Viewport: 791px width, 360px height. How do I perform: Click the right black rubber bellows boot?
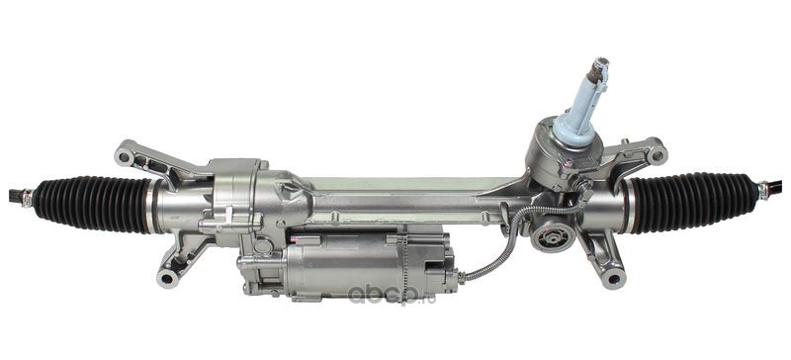tap(693, 203)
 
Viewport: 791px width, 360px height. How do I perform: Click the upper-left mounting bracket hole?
tap(125, 157)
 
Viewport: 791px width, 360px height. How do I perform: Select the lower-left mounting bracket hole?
tap(166, 278)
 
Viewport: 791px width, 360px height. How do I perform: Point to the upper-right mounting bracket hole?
tap(658, 155)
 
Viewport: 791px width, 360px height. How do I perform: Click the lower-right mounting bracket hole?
tap(614, 278)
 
